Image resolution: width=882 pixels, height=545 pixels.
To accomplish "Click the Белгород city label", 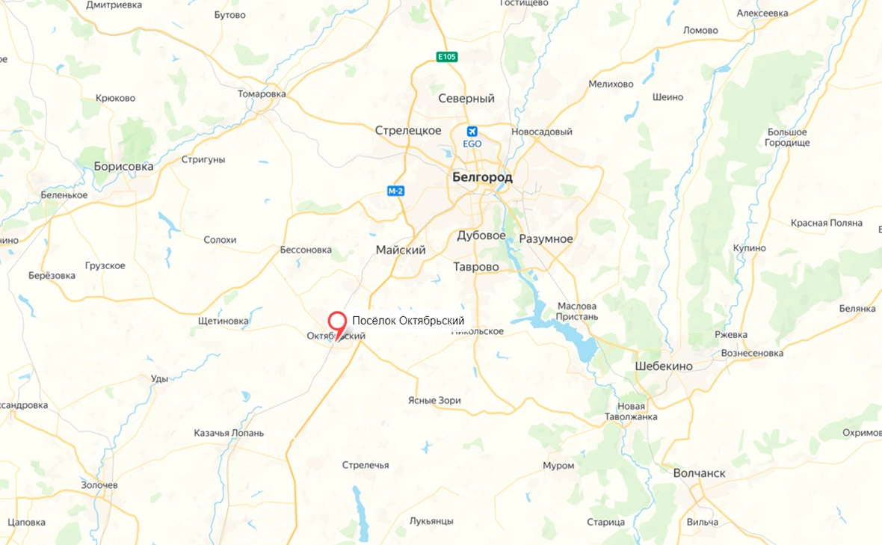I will pyautogui.click(x=482, y=178).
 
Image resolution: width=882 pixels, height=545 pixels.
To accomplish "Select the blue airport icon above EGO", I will pyautogui.click(x=472, y=130).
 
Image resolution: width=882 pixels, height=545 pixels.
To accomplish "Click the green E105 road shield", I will pyautogui.click(x=447, y=57).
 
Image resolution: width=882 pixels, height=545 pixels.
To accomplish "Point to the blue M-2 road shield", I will pyautogui.click(x=395, y=191).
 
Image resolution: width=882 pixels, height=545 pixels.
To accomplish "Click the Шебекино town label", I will pyautogui.click(x=663, y=366).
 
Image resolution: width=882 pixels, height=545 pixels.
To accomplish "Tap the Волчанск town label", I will pyautogui.click(x=699, y=473).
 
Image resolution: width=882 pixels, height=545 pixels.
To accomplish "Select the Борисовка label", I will pyautogui.click(x=123, y=167).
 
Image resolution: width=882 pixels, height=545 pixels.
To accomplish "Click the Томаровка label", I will pyautogui.click(x=262, y=94).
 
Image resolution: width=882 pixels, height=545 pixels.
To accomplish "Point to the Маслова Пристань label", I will pyautogui.click(x=576, y=311).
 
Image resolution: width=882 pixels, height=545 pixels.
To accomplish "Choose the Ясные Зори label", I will pyautogui.click(x=434, y=401).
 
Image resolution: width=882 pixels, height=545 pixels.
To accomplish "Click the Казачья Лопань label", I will pyautogui.click(x=229, y=433).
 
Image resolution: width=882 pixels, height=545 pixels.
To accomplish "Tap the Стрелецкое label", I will pyautogui.click(x=408, y=131).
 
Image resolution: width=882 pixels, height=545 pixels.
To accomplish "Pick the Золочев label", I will pyautogui.click(x=99, y=485).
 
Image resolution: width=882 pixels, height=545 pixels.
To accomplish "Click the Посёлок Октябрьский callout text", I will pyautogui.click(x=408, y=321).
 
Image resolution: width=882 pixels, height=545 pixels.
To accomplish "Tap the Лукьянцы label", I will pyautogui.click(x=431, y=520).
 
